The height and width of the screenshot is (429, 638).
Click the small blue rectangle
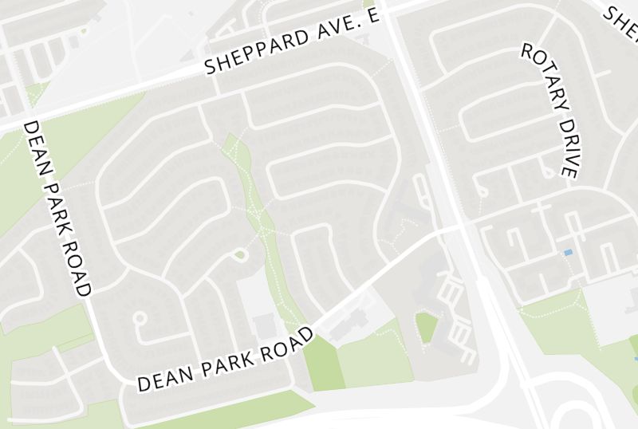coord(568,253)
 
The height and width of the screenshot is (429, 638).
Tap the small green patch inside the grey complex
coord(427,327)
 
